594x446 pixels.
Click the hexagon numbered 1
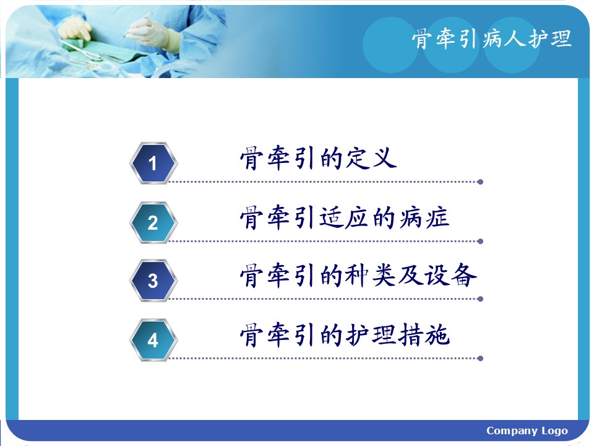point(153,163)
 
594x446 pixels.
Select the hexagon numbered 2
point(153,222)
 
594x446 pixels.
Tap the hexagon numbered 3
point(153,281)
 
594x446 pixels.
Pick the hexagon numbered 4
point(153,340)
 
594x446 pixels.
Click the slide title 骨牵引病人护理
point(491,39)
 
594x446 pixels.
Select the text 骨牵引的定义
point(318,158)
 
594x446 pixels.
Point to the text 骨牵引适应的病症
point(345,217)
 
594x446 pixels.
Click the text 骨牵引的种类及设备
point(358,275)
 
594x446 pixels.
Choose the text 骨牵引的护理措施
point(345,335)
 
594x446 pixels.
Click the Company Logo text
point(527,431)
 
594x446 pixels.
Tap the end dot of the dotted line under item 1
point(480,182)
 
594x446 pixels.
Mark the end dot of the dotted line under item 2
point(480,241)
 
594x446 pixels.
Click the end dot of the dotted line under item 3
point(480,299)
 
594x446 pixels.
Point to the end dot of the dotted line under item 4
point(480,359)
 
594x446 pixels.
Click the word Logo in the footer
point(554,431)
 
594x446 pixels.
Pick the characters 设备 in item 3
point(450,275)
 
